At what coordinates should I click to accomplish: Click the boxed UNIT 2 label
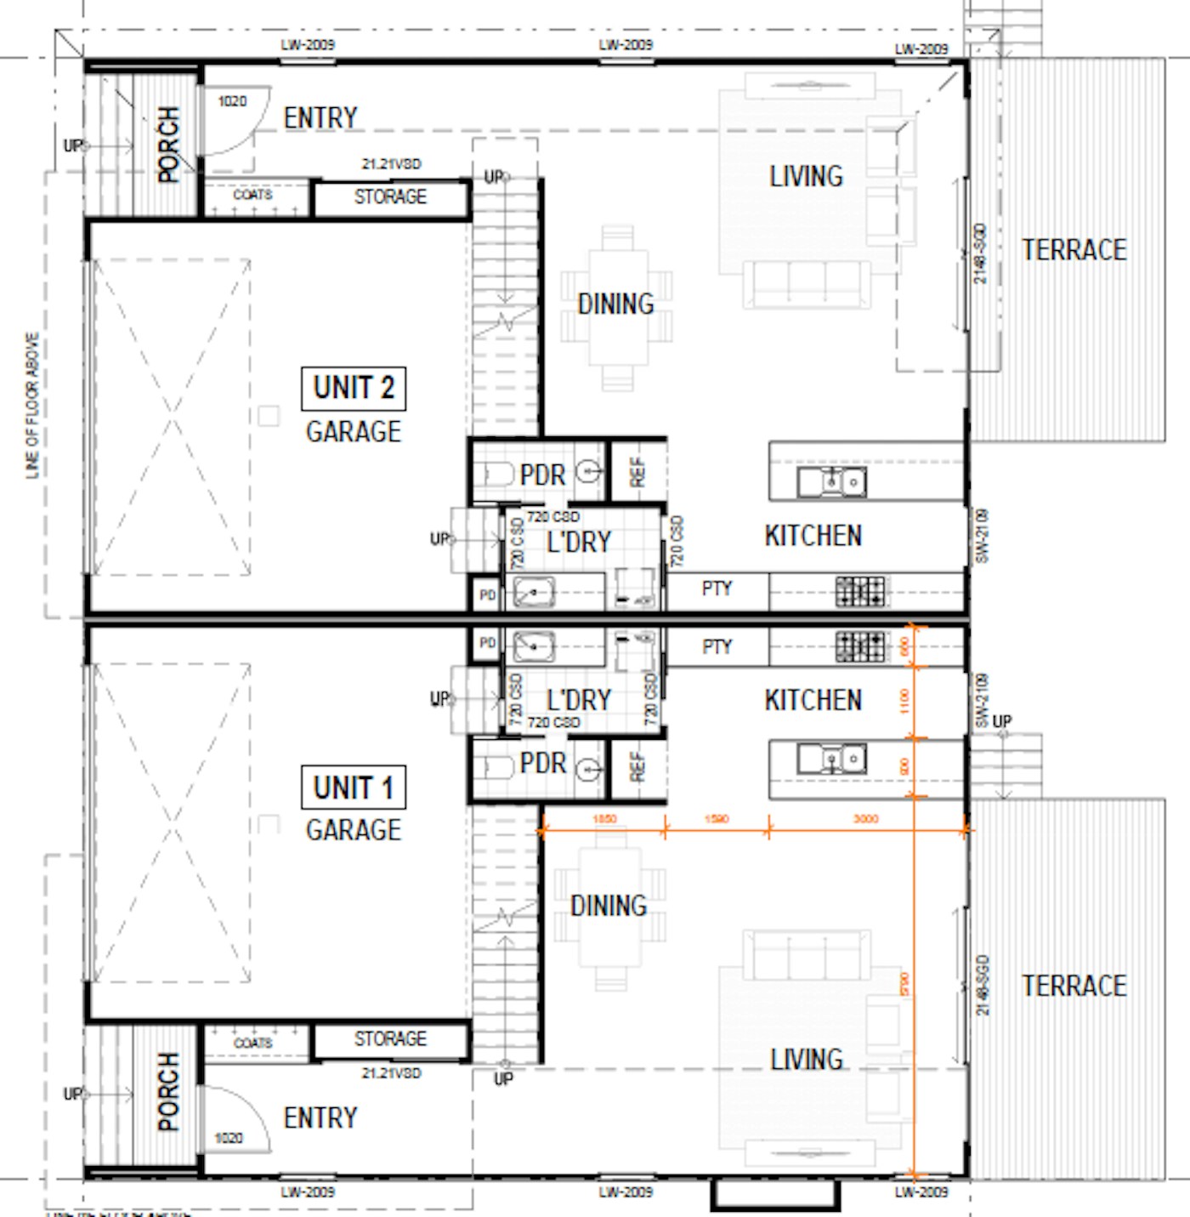[x=354, y=388]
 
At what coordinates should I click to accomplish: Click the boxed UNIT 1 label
[x=354, y=788]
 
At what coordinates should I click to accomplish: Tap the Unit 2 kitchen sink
[x=831, y=482]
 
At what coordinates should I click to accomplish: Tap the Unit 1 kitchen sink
[x=831, y=758]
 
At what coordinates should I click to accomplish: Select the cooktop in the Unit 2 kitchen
[x=859, y=591]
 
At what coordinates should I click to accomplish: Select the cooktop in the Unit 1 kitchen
[x=859, y=646]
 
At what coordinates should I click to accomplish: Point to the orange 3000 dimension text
[x=865, y=819]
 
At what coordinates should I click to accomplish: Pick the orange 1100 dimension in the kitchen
[x=904, y=701]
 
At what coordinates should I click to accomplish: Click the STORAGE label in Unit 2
[x=390, y=197]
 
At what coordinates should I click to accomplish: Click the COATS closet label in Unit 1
[x=252, y=1043]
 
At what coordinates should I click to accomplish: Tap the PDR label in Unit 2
[x=542, y=475]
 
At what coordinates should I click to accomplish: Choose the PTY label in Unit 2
[x=717, y=589]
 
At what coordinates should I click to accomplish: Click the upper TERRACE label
[x=1074, y=250]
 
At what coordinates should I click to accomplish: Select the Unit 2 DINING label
[x=615, y=304]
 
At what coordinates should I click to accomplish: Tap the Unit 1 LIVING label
[x=806, y=1060]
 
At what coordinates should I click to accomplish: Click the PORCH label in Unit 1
[x=168, y=1092]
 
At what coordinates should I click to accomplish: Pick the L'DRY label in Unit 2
[x=578, y=542]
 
